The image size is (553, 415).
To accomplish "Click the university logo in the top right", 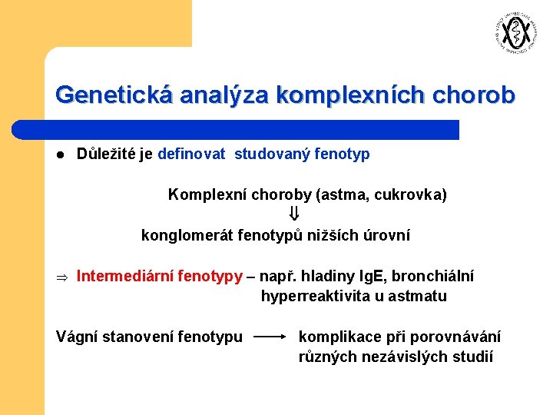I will [x=512, y=33].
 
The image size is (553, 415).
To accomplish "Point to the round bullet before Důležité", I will [x=60, y=154].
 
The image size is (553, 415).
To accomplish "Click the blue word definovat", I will [x=191, y=154].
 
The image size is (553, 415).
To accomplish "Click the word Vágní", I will [x=77, y=337].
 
